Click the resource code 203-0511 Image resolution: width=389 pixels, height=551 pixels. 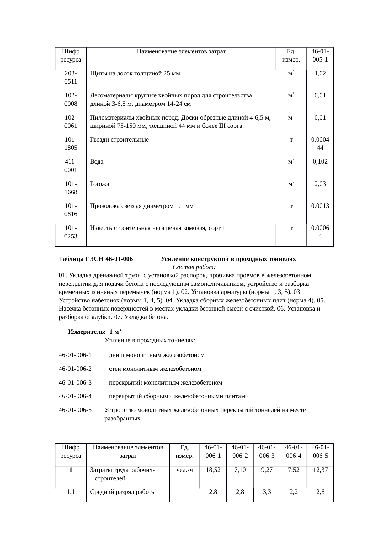71,78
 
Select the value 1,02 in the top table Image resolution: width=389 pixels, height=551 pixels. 320,73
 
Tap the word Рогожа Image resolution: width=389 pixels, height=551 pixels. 99,184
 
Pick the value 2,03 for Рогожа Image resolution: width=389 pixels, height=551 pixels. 320,184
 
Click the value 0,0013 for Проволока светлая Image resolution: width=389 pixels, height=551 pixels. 320,206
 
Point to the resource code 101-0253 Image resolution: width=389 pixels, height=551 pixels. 71,232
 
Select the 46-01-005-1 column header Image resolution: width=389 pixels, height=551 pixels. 320,55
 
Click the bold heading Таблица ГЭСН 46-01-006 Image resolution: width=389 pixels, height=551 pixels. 96,259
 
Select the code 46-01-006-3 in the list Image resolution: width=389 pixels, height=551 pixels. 75,383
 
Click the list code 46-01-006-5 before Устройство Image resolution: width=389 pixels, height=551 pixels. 75,410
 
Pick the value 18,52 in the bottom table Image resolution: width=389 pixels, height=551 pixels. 213,470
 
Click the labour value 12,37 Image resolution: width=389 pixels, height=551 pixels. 320,470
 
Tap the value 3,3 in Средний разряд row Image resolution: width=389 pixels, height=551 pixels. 267,492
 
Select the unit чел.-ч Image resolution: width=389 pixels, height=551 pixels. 184,470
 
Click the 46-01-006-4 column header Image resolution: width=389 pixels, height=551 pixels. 294,451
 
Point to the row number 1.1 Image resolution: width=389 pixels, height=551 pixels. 71,492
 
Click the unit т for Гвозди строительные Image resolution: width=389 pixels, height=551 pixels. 291,140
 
